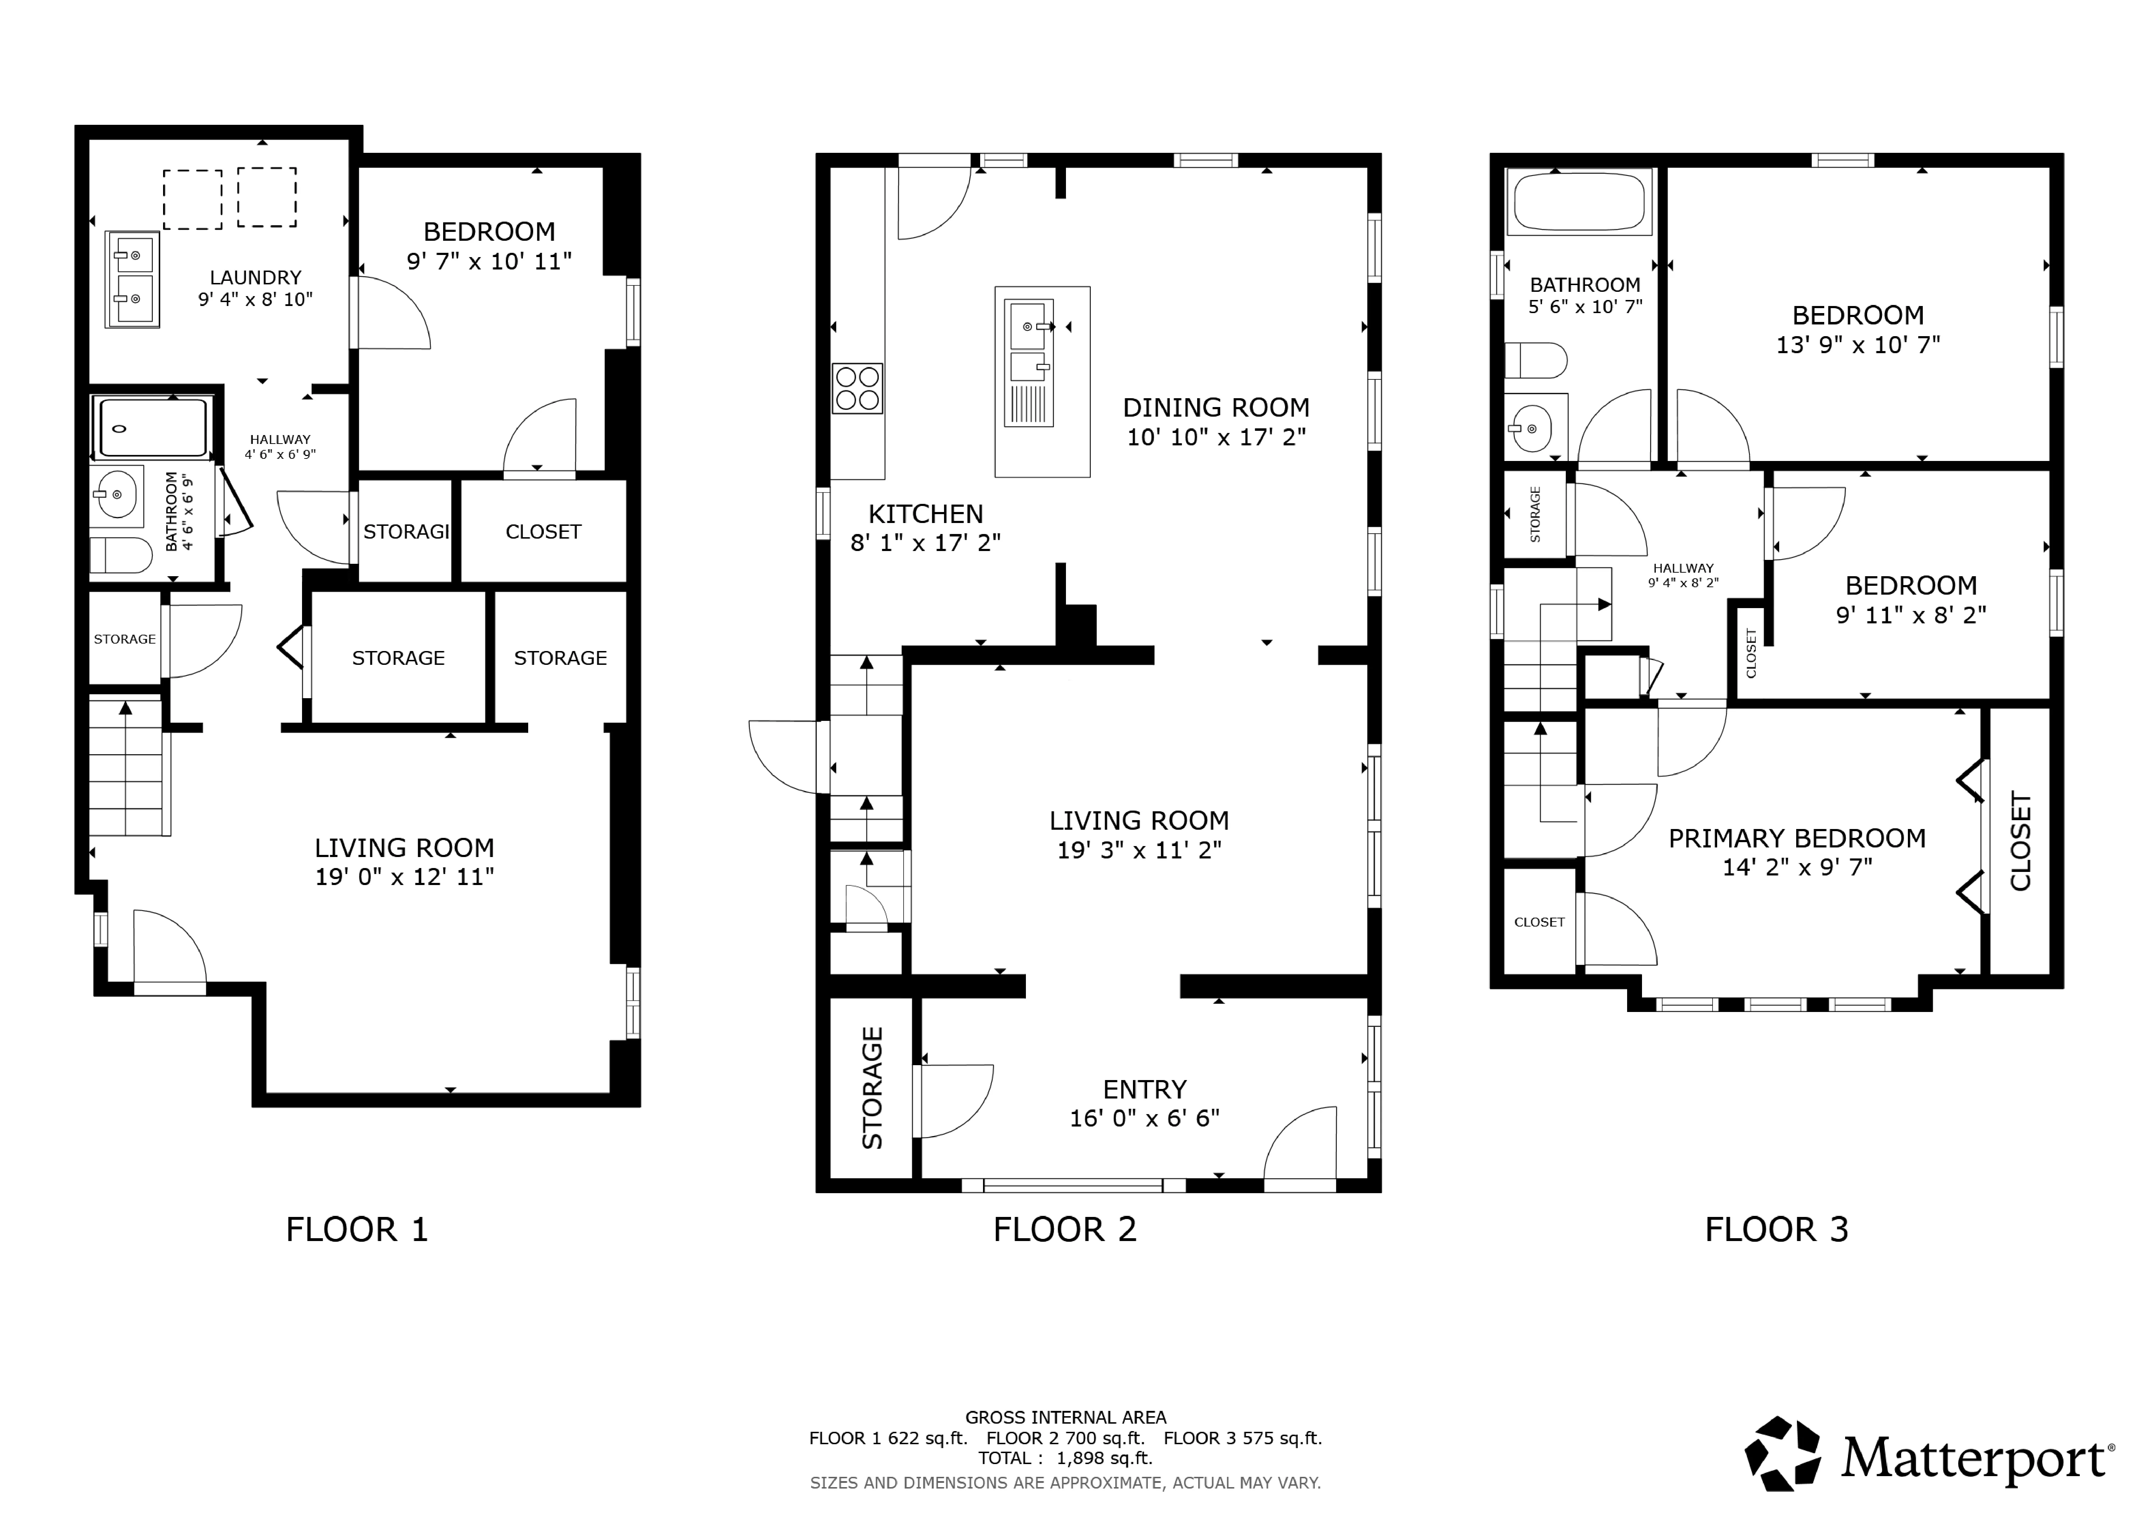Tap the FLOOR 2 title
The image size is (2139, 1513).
[1065, 1230]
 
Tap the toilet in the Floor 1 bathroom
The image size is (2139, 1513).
[121, 555]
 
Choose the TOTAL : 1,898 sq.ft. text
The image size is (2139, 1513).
[1065, 1458]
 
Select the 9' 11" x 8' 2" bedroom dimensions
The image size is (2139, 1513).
[1911, 615]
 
